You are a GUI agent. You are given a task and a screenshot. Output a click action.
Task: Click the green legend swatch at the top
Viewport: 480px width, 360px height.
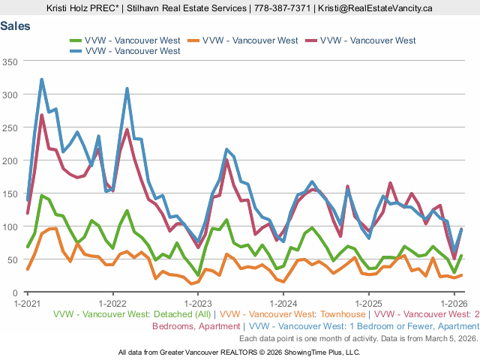(x=75, y=40)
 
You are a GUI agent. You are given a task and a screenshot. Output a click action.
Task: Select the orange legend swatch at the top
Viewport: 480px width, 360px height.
(x=193, y=40)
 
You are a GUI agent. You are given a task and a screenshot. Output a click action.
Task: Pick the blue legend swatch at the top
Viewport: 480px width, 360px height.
(x=75, y=51)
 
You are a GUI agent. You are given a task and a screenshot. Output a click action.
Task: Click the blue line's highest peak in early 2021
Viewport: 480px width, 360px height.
(x=41, y=79)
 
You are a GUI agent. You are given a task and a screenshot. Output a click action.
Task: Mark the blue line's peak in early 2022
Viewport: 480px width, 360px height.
(x=127, y=88)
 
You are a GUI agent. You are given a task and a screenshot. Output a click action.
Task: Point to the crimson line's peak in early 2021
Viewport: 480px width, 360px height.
(x=41, y=115)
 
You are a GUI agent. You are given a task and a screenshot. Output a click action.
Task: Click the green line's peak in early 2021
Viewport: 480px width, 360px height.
(x=41, y=196)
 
